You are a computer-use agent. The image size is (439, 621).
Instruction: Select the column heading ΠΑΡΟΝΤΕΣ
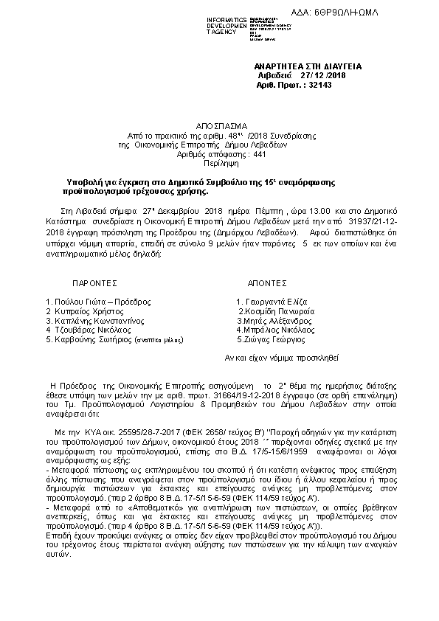click(x=95, y=282)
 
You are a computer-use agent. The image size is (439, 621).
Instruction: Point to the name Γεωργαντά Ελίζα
click(x=272, y=302)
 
